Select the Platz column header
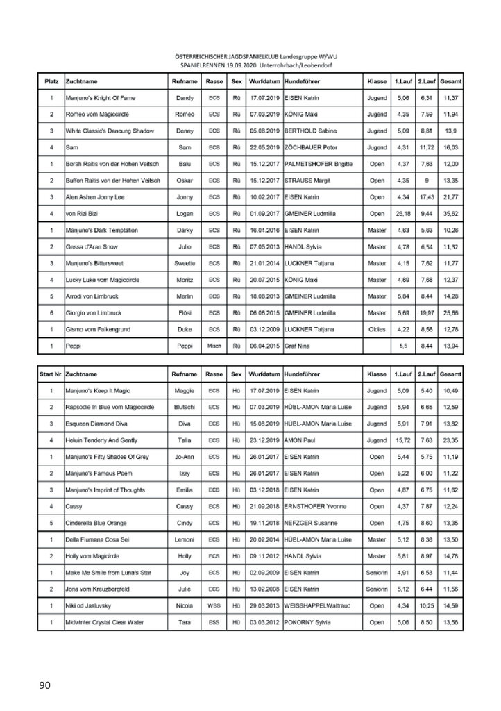tap(51, 82)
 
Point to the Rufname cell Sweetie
tap(182, 262)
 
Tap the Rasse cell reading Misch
tap(214, 344)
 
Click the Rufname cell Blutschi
tap(182, 408)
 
